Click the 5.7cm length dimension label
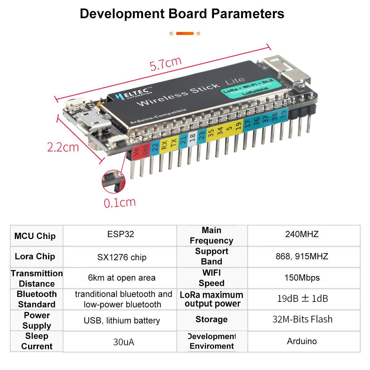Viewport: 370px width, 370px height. coord(165,63)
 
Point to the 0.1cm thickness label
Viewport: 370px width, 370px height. coord(120,203)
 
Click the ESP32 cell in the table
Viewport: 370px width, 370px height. coord(121,234)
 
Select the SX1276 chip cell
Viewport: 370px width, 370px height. coord(121,257)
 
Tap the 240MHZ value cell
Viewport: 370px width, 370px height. coord(302,234)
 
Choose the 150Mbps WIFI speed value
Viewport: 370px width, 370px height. coord(302,277)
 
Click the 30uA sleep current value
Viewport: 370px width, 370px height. coord(123,342)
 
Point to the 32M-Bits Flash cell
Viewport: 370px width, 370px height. coord(302,319)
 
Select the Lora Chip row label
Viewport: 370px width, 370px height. coord(35,257)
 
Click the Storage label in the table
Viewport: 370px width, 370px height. coord(212,319)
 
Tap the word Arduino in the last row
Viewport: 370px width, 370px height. coord(302,341)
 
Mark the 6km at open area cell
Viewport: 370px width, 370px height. coord(121,278)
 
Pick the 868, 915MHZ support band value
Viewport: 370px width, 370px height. coord(302,256)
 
